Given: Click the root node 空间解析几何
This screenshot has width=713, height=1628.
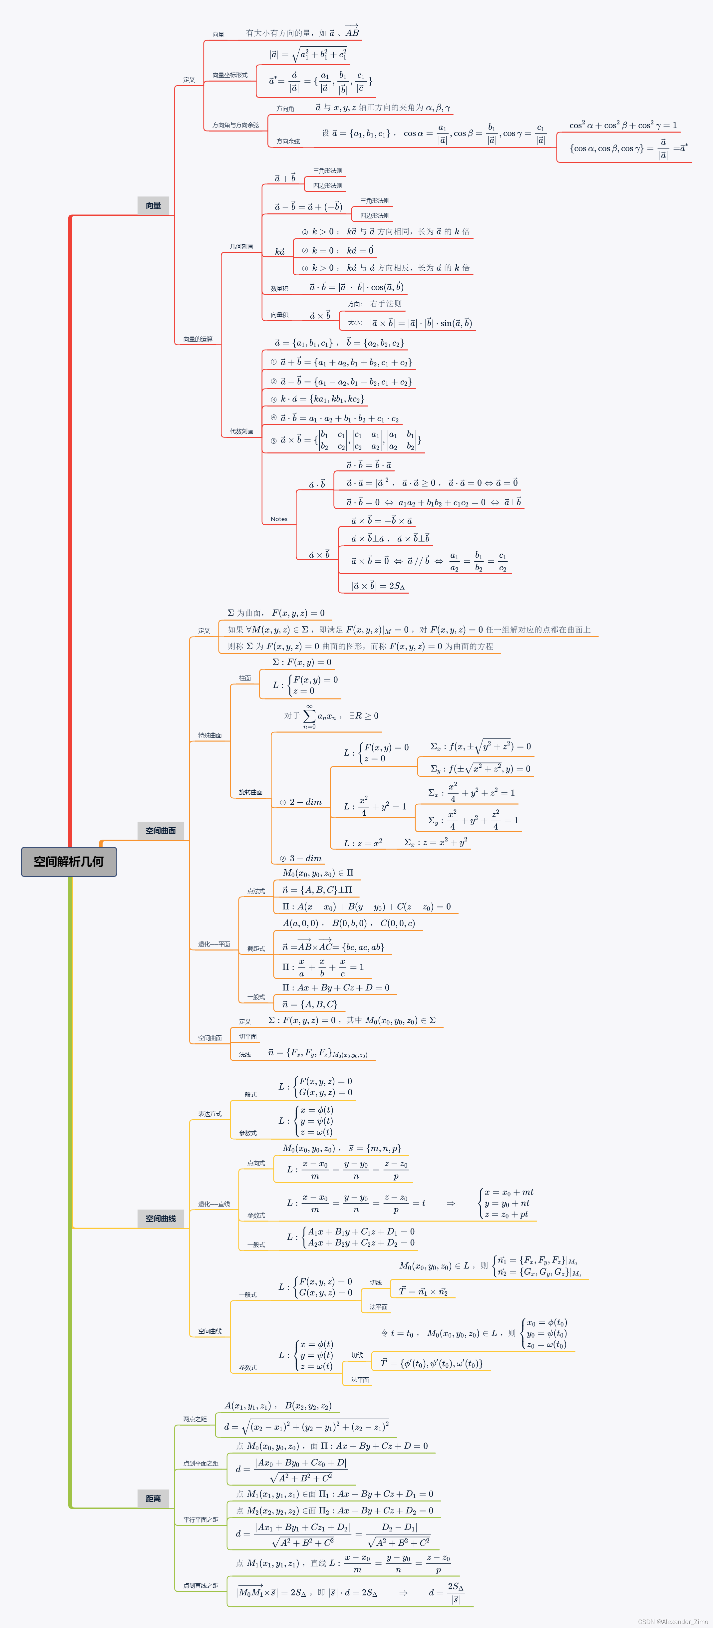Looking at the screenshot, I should click(x=69, y=861).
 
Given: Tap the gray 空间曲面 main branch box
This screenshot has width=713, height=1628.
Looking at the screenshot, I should click(x=161, y=830).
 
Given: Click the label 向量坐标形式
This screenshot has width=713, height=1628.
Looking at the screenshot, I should click(x=229, y=75).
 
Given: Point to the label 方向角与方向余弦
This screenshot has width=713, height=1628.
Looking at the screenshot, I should click(x=235, y=125).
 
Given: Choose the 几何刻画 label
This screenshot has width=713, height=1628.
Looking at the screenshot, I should click(x=241, y=246).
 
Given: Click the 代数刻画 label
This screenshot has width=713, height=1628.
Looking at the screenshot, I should click(x=241, y=432).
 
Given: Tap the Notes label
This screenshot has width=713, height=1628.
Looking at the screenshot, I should click(x=279, y=519).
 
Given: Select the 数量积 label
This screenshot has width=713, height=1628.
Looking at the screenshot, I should click(x=279, y=289).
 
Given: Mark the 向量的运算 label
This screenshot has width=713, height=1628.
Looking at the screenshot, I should click(x=198, y=339).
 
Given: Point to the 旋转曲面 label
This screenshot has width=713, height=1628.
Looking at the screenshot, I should click(x=250, y=792).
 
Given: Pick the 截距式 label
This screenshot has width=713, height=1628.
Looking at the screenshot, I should click(x=256, y=949).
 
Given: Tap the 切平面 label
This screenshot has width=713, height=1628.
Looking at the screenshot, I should click(x=248, y=1036).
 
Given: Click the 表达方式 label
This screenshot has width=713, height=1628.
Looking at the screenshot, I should click(x=210, y=1114).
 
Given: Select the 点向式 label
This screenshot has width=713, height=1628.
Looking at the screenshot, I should click(x=256, y=1163).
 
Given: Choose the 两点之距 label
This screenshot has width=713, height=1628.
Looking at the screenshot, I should click(x=195, y=1419).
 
